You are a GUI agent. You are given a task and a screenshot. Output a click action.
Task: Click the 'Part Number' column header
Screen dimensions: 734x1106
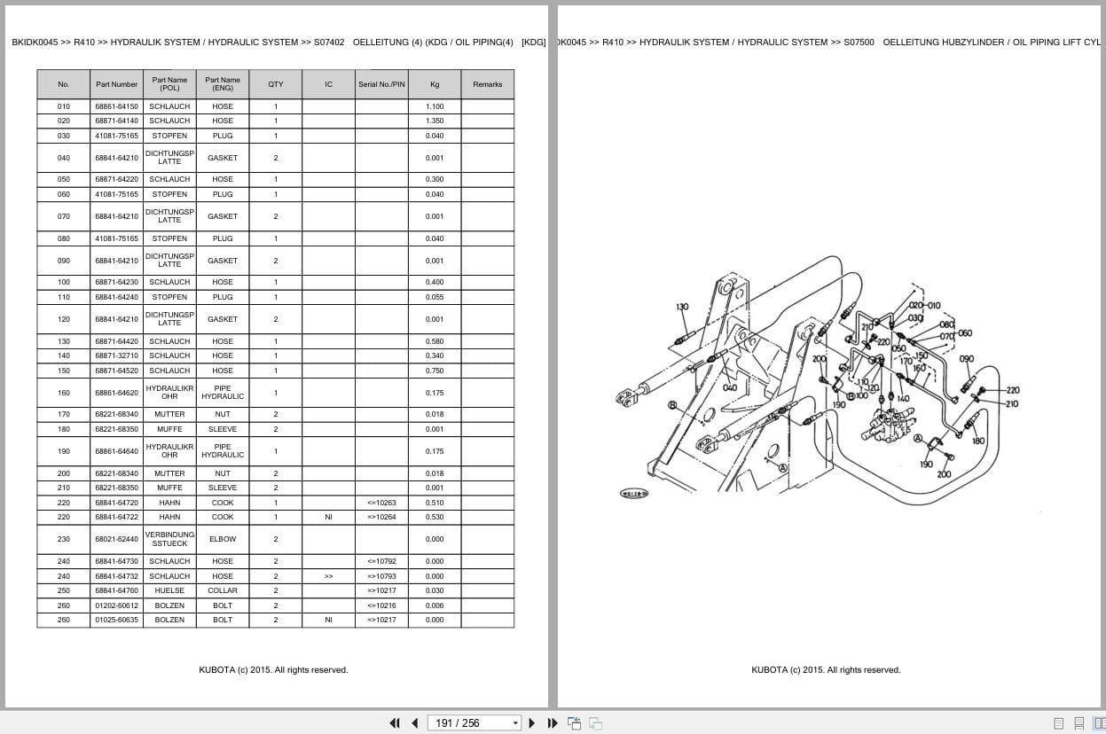(116, 84)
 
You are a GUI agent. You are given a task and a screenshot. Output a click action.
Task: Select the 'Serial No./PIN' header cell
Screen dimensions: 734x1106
(381, 84)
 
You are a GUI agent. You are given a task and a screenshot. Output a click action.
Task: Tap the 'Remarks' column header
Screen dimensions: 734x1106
(487, 84)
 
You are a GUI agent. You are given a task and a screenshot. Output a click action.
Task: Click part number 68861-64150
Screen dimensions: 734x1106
(116, 106)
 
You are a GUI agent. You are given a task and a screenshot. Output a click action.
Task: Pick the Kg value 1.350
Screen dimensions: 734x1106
(435, 121)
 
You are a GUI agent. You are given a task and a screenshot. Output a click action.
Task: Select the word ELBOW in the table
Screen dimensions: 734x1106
(223, 539)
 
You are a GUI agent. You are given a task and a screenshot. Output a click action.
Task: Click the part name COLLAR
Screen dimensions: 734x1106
(223, 590)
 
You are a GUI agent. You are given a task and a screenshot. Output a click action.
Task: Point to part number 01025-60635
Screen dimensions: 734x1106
(116, 620)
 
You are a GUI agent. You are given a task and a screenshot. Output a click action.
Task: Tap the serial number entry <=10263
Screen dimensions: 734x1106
(381, 503)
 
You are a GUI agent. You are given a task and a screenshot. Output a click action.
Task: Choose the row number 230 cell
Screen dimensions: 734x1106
(63, 539)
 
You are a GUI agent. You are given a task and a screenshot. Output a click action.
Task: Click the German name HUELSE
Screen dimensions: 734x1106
(169, 590)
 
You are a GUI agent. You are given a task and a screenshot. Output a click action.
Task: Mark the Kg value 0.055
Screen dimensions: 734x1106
(435, 297)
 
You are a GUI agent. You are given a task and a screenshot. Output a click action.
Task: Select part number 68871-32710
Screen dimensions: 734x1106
(116, 355)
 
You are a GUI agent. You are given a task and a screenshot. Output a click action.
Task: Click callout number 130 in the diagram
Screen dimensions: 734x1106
(681, 308)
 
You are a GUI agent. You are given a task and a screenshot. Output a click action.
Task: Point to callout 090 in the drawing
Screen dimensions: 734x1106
(966, 359)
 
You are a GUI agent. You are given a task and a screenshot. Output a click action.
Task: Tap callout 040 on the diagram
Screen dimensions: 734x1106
(729, 387)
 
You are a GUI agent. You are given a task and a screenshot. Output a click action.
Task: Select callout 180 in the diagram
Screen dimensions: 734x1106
(977, 441)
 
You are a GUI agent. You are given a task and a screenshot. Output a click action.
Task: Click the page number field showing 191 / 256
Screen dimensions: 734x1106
(474, 722)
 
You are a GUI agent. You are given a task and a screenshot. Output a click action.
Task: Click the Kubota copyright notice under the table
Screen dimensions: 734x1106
(273, 670)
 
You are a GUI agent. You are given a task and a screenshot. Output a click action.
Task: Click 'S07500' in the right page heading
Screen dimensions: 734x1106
(858, 42)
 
